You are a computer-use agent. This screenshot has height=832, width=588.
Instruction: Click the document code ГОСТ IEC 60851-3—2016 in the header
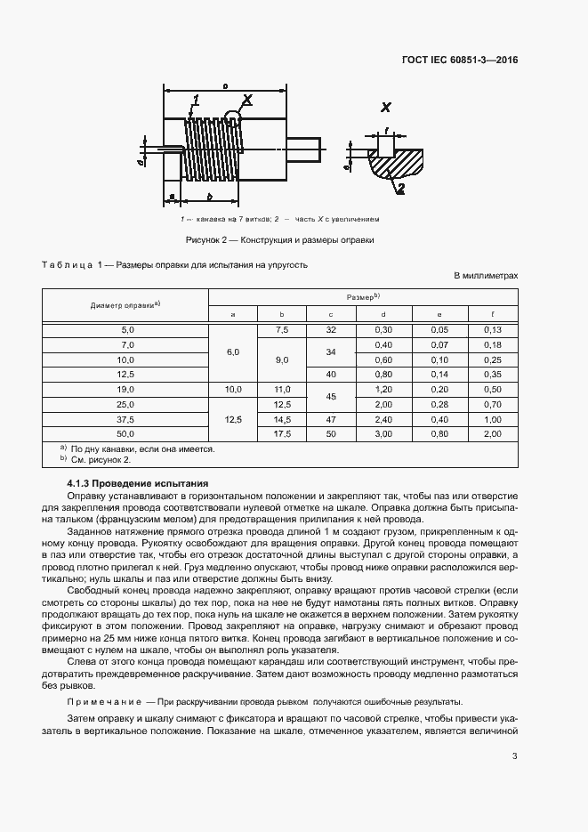tap(460, 61)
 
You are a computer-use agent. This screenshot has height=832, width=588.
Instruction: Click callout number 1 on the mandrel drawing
tap(195, 100)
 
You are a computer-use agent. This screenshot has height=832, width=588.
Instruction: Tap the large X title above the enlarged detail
tap(386, 108)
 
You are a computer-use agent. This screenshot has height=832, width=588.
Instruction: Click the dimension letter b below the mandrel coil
tap(208, 196)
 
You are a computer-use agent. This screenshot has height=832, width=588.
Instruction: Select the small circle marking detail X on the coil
tap(233, 116)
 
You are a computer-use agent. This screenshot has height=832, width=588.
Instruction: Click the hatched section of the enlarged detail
tap(398, 165)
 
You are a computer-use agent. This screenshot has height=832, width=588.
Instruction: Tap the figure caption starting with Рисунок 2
tap(279, 239)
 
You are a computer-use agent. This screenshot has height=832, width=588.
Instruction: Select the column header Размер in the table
tap(363, 295)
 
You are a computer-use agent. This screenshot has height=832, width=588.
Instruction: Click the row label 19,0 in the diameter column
tap(125, 390)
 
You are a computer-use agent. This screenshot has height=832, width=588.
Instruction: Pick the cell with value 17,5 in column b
tap(281, 433)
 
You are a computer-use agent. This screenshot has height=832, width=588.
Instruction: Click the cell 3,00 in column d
tap(383, 433)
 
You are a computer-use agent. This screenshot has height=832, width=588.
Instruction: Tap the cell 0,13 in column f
tap(493, 330)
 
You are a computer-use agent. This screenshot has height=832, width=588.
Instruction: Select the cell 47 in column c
tap(331, 419)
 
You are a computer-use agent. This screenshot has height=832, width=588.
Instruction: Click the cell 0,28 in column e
tap(439, 404)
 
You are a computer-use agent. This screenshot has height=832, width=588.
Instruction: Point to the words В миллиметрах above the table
tap(486, 277)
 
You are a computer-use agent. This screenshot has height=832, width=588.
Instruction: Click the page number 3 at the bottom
tap(515, 756)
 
